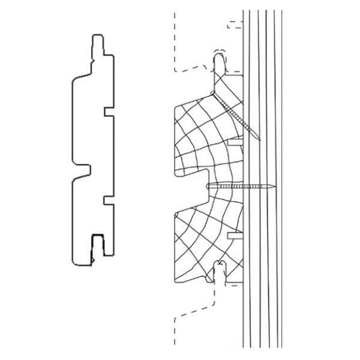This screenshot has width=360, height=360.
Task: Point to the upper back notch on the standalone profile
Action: pos(106,112)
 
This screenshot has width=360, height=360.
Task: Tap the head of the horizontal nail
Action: pos(208,187)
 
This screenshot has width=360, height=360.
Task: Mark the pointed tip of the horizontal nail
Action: pos(277,187)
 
